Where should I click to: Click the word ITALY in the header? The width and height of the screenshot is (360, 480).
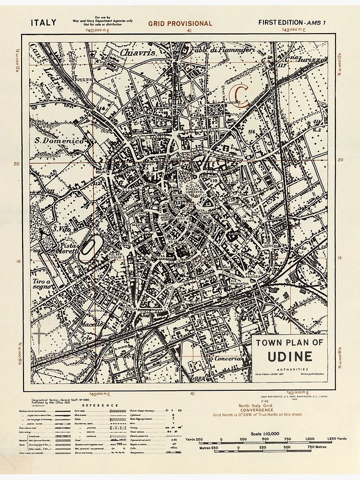pyautogui.click(x=44, y=22)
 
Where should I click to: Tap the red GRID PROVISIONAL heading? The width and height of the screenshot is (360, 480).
pyautogui.click(x=180, y=23)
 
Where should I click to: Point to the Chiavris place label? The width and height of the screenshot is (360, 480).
pyautogui.click(x=138, y=52)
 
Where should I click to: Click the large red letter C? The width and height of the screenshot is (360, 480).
pyautogui.click(x=240, y=95)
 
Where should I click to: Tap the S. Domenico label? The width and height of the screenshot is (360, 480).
pyautogui.click(x=59, y=141)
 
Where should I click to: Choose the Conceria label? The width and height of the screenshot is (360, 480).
pyautogui.click(x=228, y=359)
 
